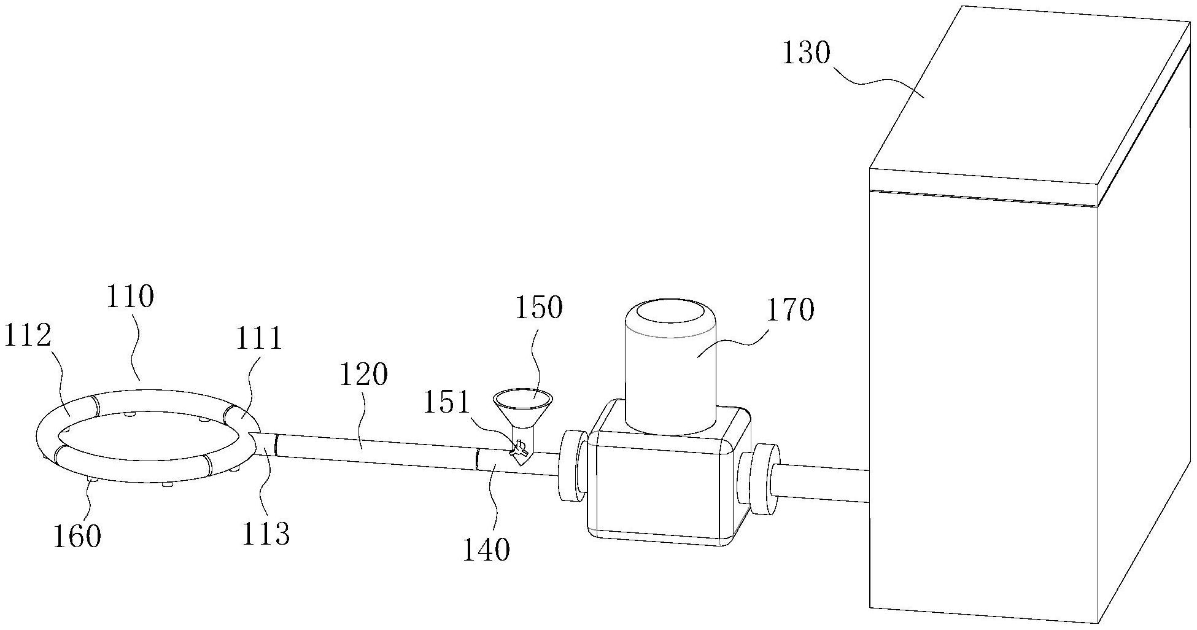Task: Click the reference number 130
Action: point(806,54)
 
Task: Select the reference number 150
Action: point(538,308)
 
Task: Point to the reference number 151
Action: point(446,403)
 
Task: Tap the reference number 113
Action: point(265,534)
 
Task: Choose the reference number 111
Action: point(260,338)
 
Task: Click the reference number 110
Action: point(130,297)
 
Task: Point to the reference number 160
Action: point(77,535)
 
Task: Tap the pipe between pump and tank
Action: point(823,484)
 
